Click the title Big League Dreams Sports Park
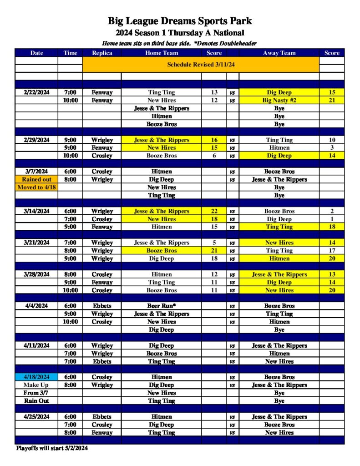tap(180, 21)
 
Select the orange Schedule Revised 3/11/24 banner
tap(200, 64)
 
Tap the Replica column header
tap(102, 53)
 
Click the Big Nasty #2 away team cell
tap(279, 100)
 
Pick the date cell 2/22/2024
tap(37, 92)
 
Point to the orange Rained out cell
tap(37, 179)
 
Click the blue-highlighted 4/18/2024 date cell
tap(37, 377)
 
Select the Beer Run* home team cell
tap(162, 306)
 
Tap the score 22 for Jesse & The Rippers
tap(214, 211)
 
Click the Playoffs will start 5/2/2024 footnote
tap(52, 448)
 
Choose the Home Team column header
tap(162, 53)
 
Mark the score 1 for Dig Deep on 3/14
tap(332, 219)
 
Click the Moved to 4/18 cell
tap(37, 187)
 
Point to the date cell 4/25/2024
tap(37, 416)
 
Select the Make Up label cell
tap(37, 385)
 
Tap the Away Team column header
tap(279, 53)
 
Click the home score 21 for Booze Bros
tap(214, 250)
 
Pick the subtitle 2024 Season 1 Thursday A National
tap(180, 33)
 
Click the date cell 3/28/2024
tap(37, 274)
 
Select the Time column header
tap(71, 53)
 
